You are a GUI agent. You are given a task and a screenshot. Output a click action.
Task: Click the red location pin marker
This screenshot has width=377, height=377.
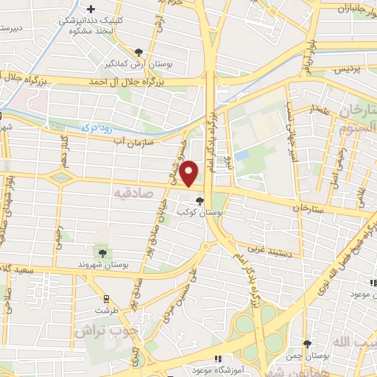[189, 173]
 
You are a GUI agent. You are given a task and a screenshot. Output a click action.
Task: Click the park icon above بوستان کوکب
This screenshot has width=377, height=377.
[200, 200]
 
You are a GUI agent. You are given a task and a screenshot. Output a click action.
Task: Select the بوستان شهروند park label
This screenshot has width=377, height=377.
[102, 264]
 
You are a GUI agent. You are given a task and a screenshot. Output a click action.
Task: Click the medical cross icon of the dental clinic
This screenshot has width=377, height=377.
[91, 10]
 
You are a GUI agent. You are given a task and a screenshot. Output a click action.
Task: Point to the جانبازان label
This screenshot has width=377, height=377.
[353, 8]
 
